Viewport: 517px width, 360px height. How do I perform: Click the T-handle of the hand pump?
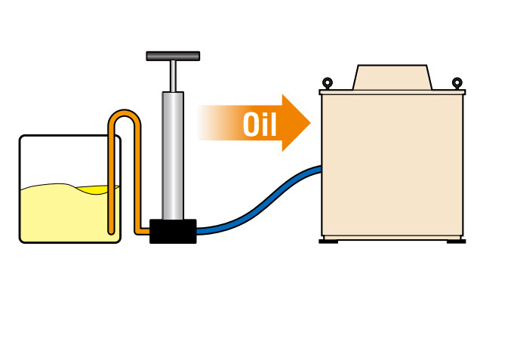pyautogui.click(x=173, y=56)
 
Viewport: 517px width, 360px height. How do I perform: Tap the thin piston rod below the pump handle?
pyautogui.click(x=173, y=75)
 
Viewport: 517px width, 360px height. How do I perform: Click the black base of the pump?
pyautogui.click(x=173, y=231)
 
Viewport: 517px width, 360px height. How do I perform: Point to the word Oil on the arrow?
pyautogui.click(x=260, y=124)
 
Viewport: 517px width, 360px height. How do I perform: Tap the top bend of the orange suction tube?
pyautogui.click(x=125, y=115)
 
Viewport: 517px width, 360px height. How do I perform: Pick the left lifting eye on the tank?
pyautogui.click(x=327, y=82)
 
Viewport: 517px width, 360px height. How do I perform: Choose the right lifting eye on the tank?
pyautogui.click(x=457, y=82)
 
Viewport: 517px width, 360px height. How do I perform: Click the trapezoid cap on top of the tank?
pyautogui.click(x=392, y=78)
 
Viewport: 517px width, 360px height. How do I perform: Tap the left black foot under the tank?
pyautogui.click(x=328, y=241)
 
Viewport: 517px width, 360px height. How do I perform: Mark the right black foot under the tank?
pyautogui.click(x=456, y=241)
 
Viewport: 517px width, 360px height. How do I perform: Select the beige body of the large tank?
pyautogui.click(x=392, y=166)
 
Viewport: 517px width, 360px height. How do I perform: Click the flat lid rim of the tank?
pyautogui.click(x=392, y=92)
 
